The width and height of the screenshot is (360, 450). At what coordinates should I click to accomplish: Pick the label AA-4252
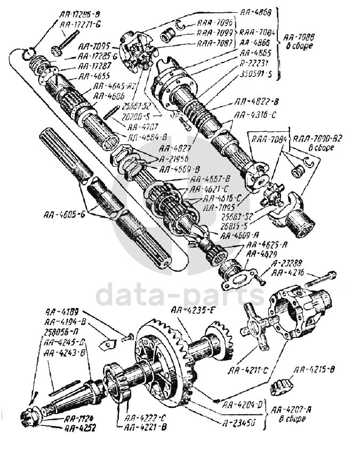pos(80,428)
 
